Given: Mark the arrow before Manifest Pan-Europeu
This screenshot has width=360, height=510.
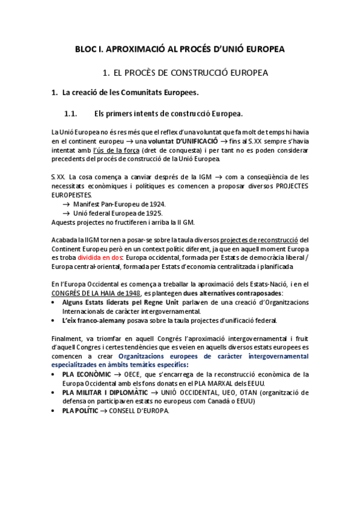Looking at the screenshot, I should click(x=66, y=204).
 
